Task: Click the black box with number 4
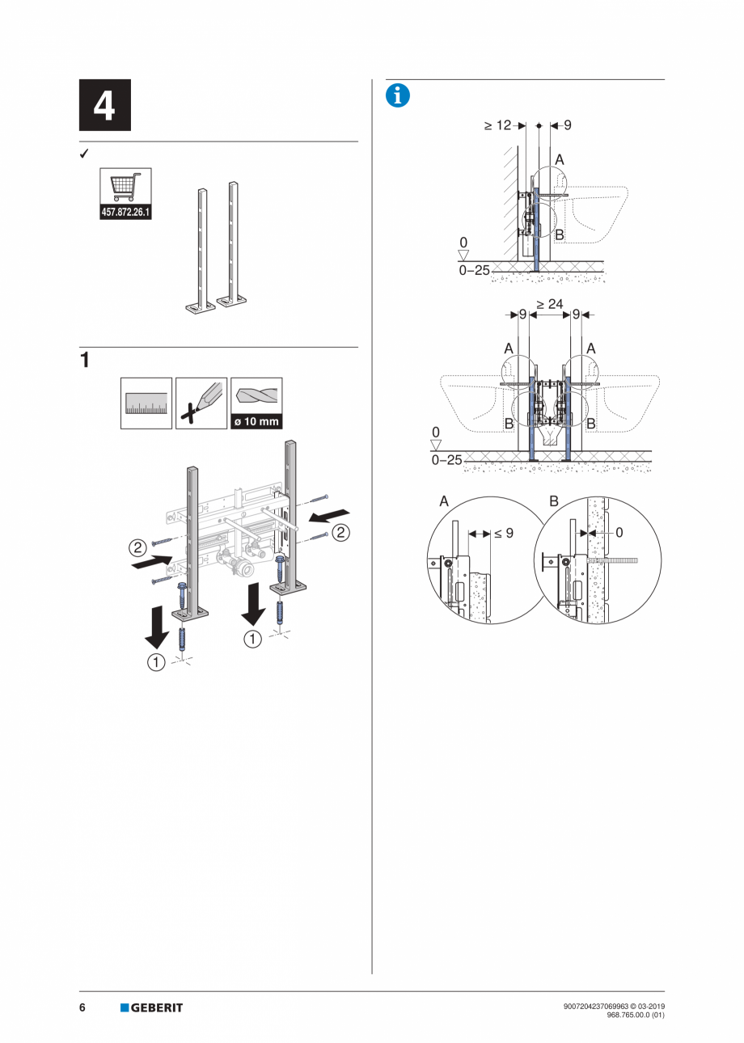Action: point(105,105)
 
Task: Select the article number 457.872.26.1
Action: point(125,213)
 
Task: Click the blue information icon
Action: point(398,96)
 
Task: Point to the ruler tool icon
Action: point(146,403)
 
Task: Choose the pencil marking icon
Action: point(201,403)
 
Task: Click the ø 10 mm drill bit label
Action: point(256,421)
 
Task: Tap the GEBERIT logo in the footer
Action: point(152,1007)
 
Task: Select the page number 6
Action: point(82,1007)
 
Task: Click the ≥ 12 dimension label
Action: point(497,125)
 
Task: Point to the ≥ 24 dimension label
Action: point(550,304)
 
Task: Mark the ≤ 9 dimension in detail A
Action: point(504,533)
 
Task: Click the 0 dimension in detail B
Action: point(619,532)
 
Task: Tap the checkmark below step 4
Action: point(84,153)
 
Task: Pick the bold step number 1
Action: point(85,361)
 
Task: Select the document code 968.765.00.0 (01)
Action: point(636,1015)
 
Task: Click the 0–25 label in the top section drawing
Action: point(475,271)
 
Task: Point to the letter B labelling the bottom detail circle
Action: point(554,501)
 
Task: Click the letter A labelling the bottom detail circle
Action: point(444,501)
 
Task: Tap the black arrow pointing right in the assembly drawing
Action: point(152,562)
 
